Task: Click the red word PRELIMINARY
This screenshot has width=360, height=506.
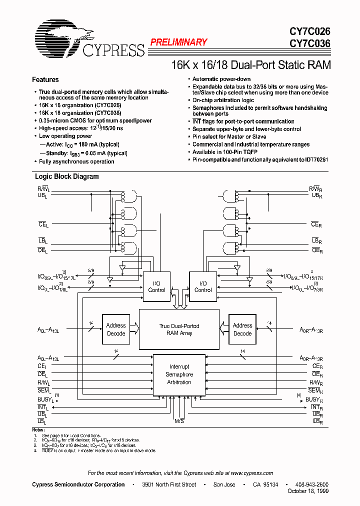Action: [x=178, y=42]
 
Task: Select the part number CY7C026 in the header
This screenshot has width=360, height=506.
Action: [x=309, y=31]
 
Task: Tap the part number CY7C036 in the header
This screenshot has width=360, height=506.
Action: [x=309, y=43]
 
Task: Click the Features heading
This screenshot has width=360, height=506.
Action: [x=45, y=79]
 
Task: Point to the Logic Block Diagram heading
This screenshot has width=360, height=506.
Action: [x=66, y=176]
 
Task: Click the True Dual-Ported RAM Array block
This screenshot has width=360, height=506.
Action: [x=179, y=329]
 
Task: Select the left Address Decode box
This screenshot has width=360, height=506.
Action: [x=116, y=329]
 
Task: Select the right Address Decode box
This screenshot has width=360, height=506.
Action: [x=242, y=329]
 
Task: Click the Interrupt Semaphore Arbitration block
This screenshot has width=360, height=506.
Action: [x=179, y=374]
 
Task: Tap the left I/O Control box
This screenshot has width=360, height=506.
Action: [x=156, y=286]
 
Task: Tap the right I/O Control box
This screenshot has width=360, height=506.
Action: [x=203, y=286]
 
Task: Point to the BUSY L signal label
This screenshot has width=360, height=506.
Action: [x=46, y=400]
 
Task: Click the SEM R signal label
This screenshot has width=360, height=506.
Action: [x=314, y=390]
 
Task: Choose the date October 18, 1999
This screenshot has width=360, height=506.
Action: [x=308, y=491]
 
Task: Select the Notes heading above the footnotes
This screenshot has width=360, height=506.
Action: [x=38, y=430]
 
